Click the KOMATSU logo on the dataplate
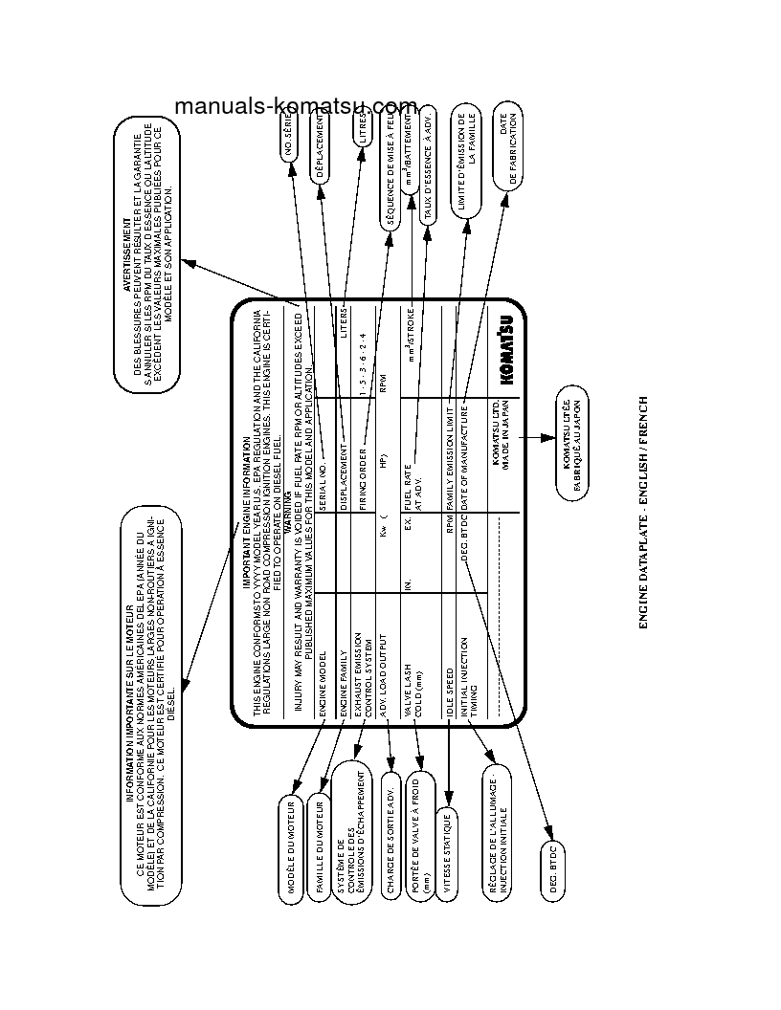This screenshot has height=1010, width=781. click(x=506, y=353)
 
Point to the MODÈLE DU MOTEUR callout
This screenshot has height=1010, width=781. click(x=291, y=845)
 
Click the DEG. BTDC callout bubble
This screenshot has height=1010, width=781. click(x=552, y=865)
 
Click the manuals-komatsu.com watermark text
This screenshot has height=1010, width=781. click(x=296, y=106)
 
